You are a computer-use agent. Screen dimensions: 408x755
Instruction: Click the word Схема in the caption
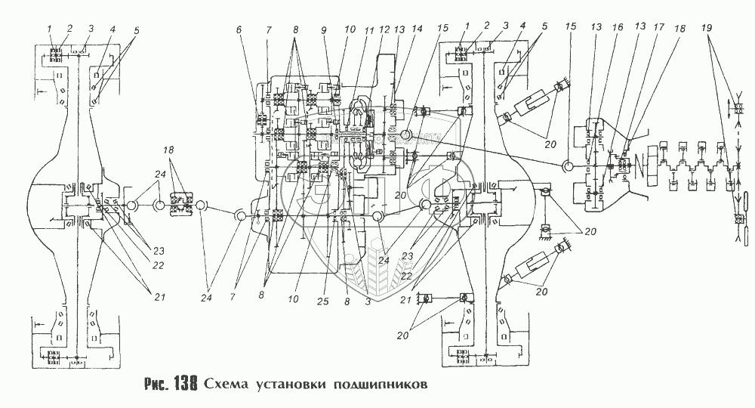(x=228, y=383)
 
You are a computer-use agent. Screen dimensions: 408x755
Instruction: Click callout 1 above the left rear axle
(x=49, y=29)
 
